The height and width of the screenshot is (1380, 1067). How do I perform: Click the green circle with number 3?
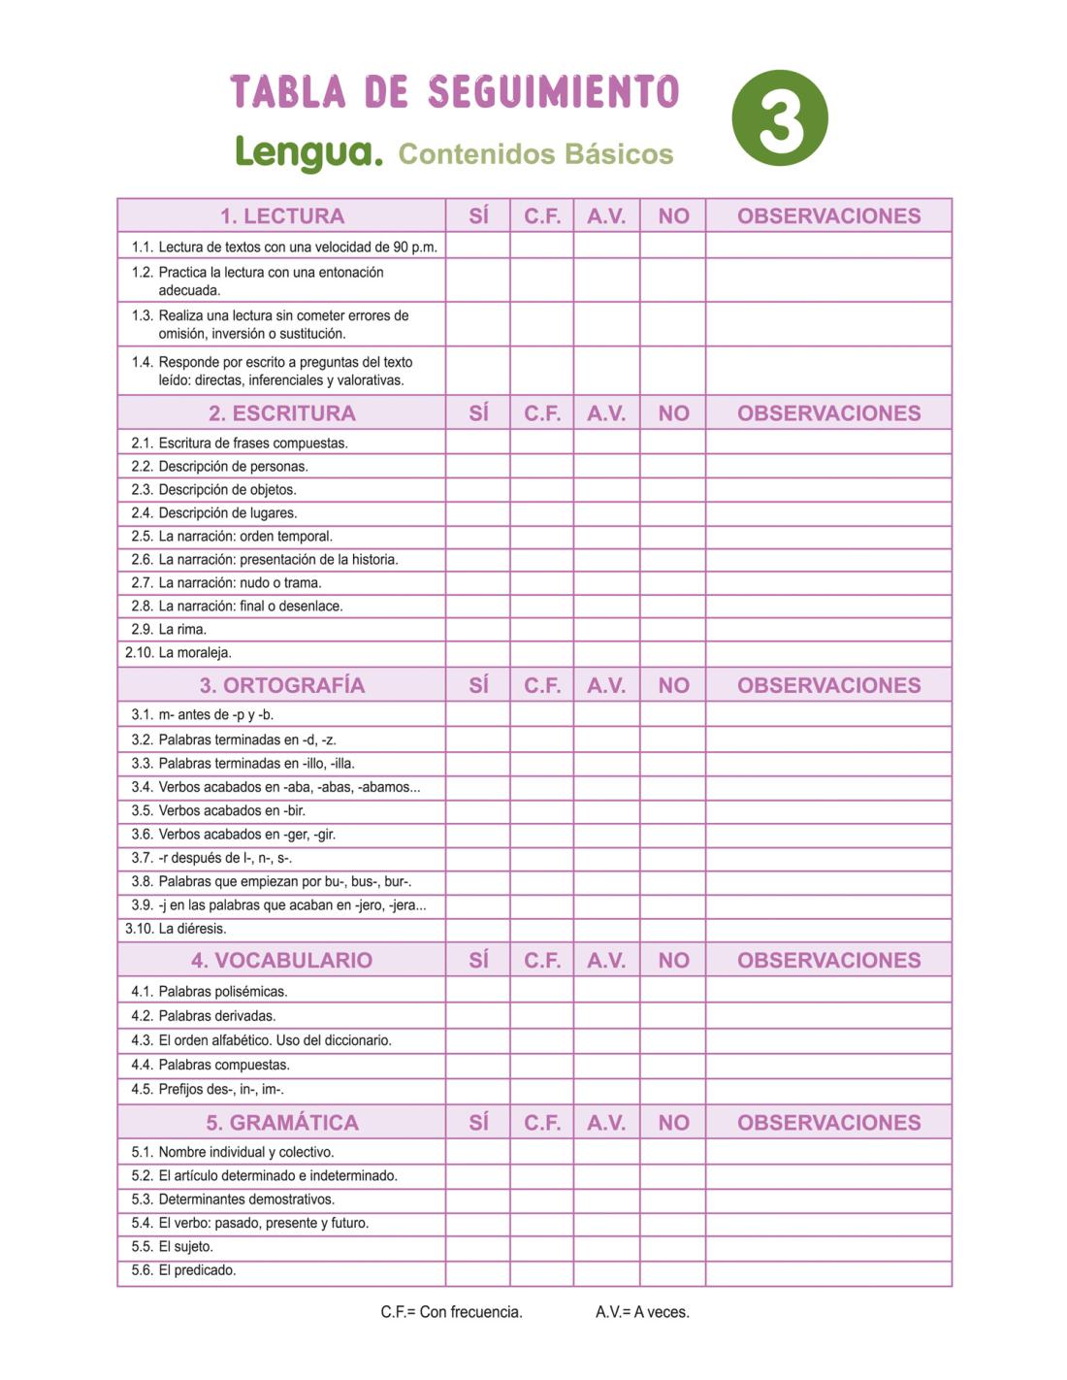pos(780,117)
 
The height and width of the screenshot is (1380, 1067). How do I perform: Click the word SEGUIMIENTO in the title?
pos(553,92)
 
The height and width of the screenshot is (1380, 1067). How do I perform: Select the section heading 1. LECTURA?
pos(281,215)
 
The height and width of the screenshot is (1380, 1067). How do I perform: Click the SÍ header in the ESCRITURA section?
pos(478,412)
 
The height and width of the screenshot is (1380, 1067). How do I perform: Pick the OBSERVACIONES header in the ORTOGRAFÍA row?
pos(828,685)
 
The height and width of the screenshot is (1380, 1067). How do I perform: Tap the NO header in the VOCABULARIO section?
pos(673,960)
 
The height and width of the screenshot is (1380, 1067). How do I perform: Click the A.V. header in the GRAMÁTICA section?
pos(606,1122)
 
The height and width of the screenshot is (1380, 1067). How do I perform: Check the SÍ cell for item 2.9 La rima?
pos(478,629)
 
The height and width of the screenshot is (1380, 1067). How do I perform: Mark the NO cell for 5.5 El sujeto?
pos(673,1247)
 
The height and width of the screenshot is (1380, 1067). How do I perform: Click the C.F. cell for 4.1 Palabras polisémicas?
pos(542,991)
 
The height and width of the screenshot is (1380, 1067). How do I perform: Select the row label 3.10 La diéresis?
pos(176,929)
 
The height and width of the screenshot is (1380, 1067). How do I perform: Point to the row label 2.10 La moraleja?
pos(178,652)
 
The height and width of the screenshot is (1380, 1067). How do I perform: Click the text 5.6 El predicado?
pos(184,1270)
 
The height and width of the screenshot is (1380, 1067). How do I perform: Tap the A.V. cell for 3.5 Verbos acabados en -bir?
pos(606,810)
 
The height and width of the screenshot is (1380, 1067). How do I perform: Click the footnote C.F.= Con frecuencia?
pos(451,1312)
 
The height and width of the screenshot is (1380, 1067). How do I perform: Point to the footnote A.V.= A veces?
pos(642,1312)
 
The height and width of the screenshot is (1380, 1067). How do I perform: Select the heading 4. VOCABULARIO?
pos(281,960)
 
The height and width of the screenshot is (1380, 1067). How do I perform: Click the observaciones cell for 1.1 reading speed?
pos(828,246)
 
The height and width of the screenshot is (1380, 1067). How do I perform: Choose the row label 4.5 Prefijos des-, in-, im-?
pos(208,1089)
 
